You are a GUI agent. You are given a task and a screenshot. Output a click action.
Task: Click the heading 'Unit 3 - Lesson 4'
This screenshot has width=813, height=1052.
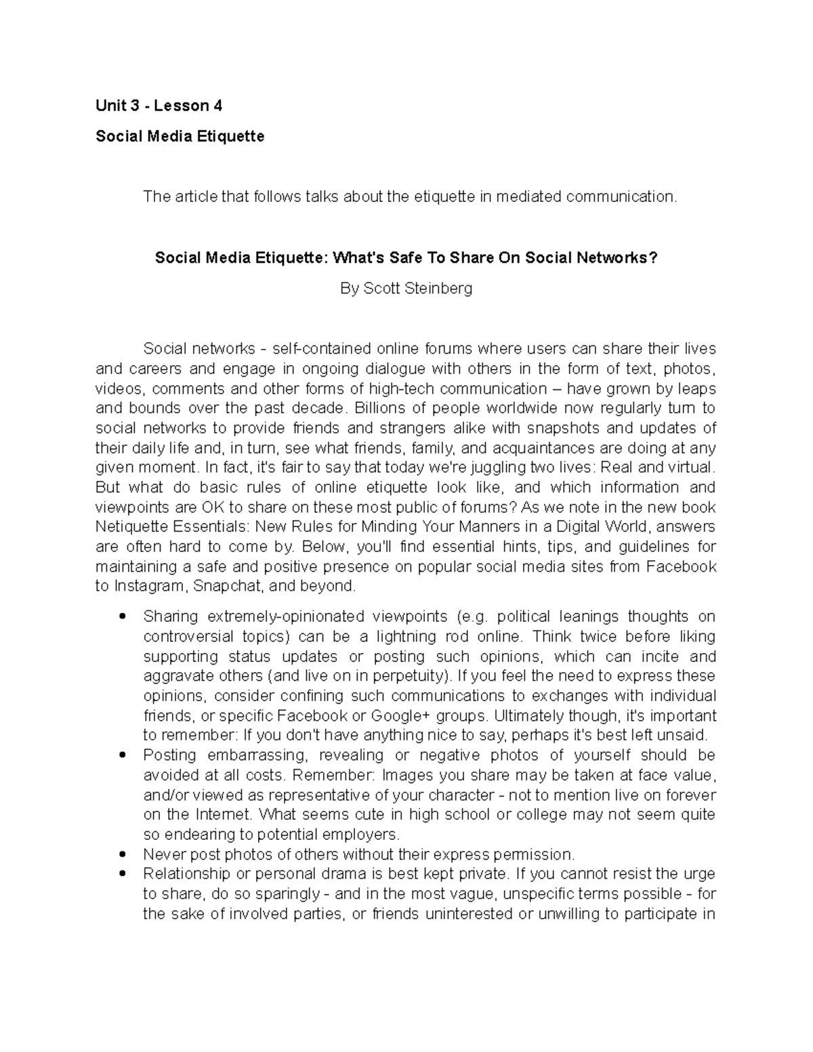(159, 106)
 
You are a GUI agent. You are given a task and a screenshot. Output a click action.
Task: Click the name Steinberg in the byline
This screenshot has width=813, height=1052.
(438, 289)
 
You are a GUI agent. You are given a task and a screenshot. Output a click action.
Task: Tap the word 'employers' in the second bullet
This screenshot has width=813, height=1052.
(364, 835)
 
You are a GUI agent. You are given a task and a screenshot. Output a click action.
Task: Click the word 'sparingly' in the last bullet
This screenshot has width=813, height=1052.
(289, 894)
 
